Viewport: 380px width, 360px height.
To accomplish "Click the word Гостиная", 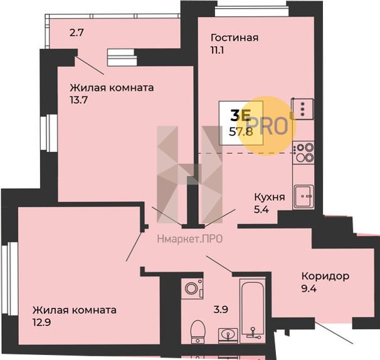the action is (235, 38).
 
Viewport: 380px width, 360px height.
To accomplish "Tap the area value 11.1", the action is (217, 50).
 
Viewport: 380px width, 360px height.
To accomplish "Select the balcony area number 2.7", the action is (77, 33).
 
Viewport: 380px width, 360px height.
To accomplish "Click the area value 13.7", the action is (78, 100).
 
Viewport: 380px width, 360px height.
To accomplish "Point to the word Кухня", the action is (270, 197).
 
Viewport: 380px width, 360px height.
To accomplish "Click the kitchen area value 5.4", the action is (261, 209).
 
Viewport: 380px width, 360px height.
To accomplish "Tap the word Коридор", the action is (325, 276).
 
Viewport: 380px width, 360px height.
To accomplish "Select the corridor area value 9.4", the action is (309, 289).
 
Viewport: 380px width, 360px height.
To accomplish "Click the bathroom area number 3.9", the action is (221, 309).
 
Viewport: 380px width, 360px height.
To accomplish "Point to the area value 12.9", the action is (41, 322).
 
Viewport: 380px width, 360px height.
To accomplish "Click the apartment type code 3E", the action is (240, 115).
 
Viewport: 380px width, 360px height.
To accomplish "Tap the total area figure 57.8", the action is (241, 132).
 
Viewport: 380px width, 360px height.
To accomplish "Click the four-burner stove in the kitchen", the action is (303, 153).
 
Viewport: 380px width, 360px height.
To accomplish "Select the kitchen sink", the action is (303, 197).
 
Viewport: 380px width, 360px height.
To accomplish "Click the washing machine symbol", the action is (192, 289).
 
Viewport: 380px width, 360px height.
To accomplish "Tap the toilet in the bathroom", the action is (198, 332).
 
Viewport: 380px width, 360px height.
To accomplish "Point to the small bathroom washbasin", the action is (228, 336).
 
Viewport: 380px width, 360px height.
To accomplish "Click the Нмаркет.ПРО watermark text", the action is (190, 240).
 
